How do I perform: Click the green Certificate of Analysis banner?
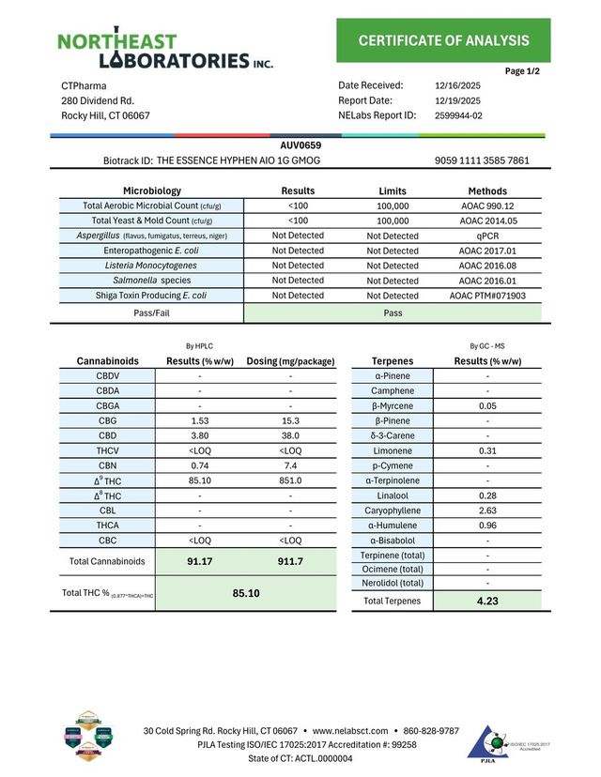pos(443,40)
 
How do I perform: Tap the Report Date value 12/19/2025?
pos(457,100)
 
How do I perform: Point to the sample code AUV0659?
pos(300,145)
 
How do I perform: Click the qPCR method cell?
pos(487,236)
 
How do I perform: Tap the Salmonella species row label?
pos(151,281)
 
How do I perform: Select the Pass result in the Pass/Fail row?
pos(393,312)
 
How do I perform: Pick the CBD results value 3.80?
pos(199,435)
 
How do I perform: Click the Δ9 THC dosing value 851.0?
pos(291,480)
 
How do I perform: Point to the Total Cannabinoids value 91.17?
pos(199,561)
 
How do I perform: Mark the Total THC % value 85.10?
pos(245,593)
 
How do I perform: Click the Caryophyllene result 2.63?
pos(486,510)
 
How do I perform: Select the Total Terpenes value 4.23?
pos(486,601)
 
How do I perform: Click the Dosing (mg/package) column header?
pos(290,360)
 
